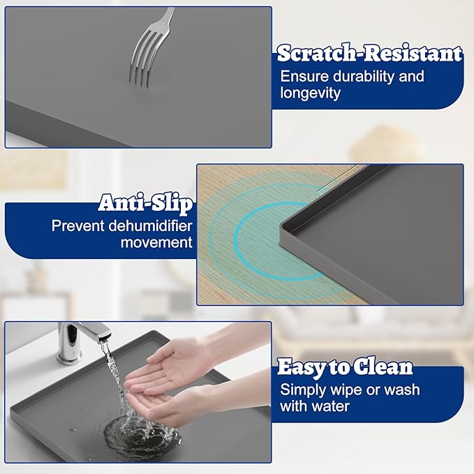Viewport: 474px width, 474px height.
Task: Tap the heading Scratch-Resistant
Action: point(369,53)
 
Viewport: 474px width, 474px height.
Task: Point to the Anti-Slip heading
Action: point(146,203)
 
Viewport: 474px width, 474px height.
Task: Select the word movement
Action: point(156,243)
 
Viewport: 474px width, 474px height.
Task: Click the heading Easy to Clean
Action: point(345,367)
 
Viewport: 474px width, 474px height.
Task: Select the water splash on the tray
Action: point(133,433)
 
